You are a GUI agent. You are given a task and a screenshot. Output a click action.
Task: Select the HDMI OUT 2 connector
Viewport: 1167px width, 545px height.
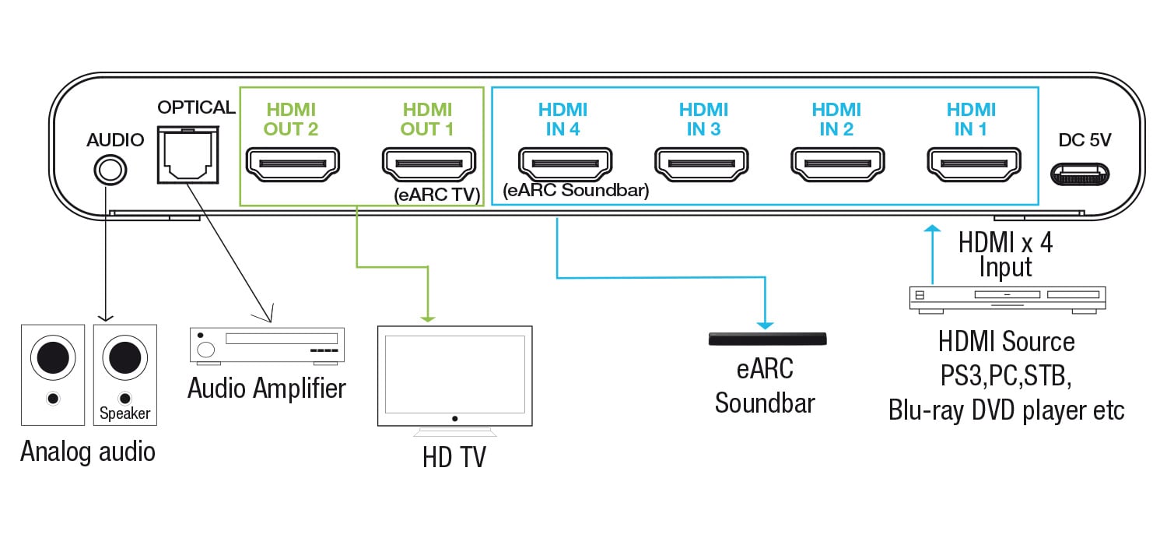pos(292,163)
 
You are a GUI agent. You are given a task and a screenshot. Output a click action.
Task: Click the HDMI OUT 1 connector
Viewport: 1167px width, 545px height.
pos(428,163)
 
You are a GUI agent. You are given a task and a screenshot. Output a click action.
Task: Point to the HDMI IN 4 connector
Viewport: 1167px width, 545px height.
pos(564,163)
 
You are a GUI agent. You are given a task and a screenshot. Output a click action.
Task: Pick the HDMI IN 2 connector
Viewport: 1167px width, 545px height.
pos(836,163)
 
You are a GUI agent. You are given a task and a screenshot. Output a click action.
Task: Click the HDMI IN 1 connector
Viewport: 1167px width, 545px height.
pos(972,163)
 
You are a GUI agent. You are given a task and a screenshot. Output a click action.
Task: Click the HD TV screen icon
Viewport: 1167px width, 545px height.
pos(455,375)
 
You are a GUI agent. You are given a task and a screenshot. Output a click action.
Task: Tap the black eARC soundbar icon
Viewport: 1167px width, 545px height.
pos(767,339)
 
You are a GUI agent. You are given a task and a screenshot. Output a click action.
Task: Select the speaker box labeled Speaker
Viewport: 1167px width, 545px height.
pos(124,374)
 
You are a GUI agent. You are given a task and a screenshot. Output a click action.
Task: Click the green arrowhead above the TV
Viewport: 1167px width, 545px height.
pos(427,318)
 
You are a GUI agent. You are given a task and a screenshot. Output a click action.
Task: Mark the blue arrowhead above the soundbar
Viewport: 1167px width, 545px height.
pos(766,323)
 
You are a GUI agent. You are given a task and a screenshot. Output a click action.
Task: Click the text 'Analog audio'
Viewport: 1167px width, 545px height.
pos(88,451)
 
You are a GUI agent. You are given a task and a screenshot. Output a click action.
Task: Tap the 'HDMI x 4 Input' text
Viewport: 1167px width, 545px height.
pos(1006,255)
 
